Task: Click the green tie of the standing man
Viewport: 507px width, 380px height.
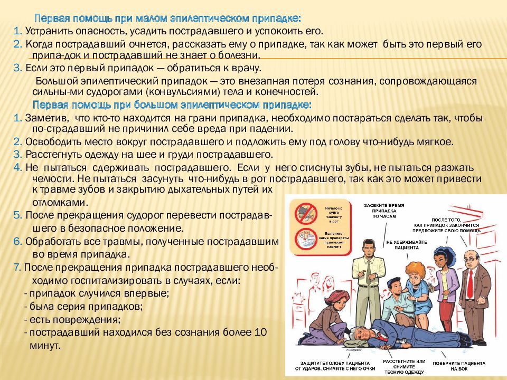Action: (x=369, y=269)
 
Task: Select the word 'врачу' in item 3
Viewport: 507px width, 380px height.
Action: (x=246, y=68)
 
